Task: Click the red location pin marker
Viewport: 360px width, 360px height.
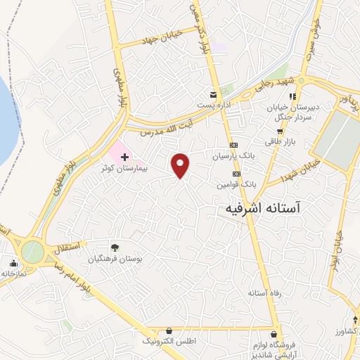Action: click(x=181, y=165)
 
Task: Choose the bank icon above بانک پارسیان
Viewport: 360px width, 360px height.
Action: click(x=234, y=144)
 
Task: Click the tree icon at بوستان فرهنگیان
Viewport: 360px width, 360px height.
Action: click(x=115, y=247)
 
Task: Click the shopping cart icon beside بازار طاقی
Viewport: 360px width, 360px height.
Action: click(x=280, y=131)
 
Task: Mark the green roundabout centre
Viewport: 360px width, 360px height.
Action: click(x=32, y=251)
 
